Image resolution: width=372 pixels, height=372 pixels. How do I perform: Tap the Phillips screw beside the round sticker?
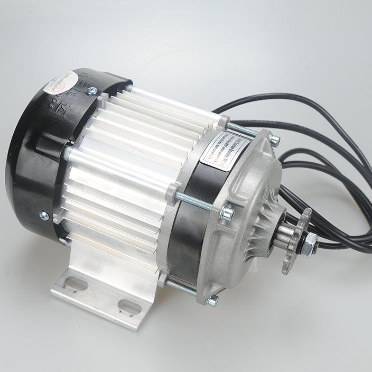coord(91,91)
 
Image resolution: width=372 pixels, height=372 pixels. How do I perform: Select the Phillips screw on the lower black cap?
coord(44,216)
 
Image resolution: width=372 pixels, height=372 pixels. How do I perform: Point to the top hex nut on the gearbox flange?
coord(274,140)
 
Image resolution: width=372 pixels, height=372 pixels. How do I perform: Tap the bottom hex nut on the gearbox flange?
coord(212,300)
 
